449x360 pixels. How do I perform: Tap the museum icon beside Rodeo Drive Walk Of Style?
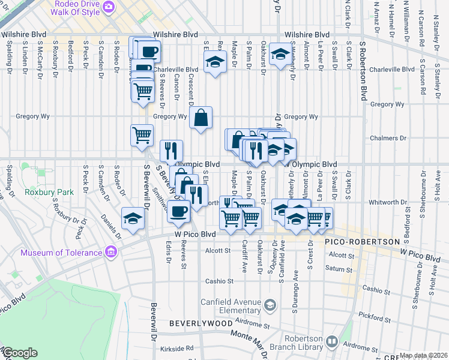[x=109, y=7]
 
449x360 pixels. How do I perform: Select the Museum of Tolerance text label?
[x=61, y=253]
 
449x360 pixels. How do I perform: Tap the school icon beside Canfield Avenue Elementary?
[x=270, y=306]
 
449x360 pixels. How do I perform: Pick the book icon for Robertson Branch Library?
[x=332, y=342]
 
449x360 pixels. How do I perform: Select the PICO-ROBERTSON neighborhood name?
[x=362, y=241]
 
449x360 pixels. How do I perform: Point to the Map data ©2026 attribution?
[x=423, y=355]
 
